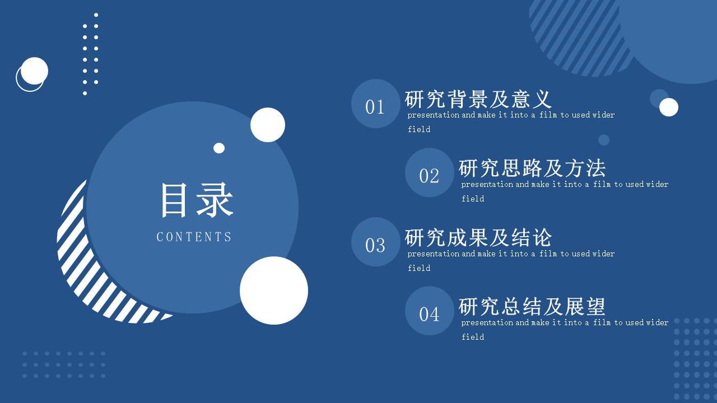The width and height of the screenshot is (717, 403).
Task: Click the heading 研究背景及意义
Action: coord(478,99)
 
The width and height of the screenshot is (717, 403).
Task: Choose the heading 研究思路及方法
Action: coord(532,168)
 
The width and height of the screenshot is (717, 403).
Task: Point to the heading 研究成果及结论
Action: coord(478,237)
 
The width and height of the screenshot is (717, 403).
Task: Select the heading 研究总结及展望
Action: coord(532,306)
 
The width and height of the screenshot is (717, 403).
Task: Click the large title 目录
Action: coord(196,200)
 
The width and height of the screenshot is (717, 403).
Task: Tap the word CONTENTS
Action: coord(194,237)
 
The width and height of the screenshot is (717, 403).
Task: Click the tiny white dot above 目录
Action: coord(219,148)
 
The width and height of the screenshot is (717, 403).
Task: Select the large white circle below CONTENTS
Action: coord(274,290)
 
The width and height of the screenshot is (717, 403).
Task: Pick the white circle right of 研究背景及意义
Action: coord(669,107)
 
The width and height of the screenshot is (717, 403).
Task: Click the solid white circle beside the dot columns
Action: coord(35,71)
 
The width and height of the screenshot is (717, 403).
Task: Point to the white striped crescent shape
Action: coord(84,269)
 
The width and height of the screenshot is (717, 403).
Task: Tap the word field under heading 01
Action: coord(419,129)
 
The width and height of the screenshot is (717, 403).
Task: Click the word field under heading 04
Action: coord(473,337)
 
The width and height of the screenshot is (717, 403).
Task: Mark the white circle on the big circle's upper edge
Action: coord(268,125)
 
